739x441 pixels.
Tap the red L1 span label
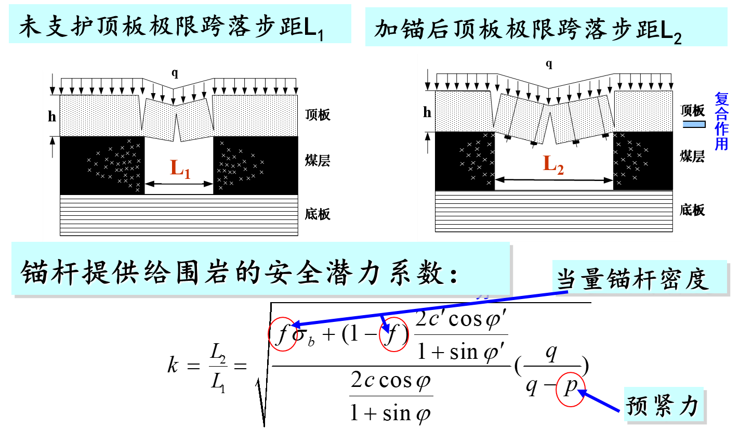pos(180,168)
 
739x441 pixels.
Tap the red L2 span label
pos(553,164)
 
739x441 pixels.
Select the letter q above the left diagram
pos(175,73)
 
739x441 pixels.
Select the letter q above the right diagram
pos(549,64)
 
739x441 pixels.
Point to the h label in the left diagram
pos(52,116)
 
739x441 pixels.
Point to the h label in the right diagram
pos(427,112)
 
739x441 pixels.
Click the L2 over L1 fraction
pos(218,368)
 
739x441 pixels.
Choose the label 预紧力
pos(664,405)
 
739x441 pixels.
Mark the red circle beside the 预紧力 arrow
pos(570,389)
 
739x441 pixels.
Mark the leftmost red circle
pos(282,334)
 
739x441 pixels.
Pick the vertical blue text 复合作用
pos(721,121)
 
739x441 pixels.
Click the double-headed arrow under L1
pos(179,183)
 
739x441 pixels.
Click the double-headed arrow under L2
pos(553,180)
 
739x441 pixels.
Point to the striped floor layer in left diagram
pos(179,215)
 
